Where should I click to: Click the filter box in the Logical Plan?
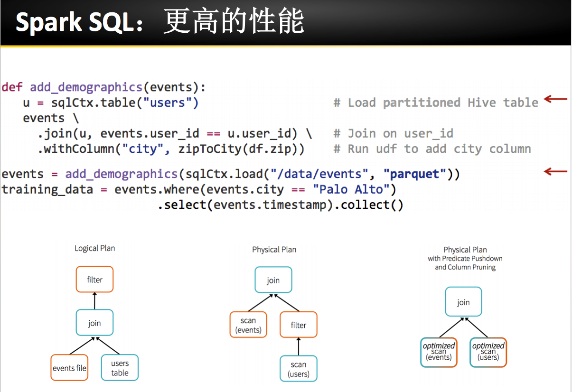[94, 279]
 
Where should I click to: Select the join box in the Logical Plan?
[94, 323]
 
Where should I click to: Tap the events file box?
[69, 367]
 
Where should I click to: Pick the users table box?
[120, 367]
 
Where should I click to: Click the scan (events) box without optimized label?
[248, 325]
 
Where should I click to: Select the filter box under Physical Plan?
[299, 325]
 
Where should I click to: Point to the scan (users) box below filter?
[299, 368]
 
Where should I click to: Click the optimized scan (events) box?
[439, 353]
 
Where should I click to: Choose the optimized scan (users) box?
[488, 353]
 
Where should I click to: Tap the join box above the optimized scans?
[463, 302]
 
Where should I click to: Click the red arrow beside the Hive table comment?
[555, 99]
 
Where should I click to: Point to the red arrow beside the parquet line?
[555, 171]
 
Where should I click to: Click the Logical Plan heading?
[95, 248]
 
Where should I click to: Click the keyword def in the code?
[12, 87]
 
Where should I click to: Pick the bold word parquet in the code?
[414, 175]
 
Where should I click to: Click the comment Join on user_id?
[393, 134]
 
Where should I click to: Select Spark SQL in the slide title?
[75, 22]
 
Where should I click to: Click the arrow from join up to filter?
[94, 301]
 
